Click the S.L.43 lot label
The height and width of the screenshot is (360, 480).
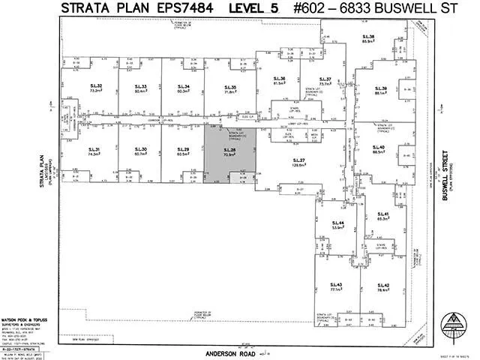(335, 284)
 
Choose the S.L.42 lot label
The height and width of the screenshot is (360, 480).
(383, 284)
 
